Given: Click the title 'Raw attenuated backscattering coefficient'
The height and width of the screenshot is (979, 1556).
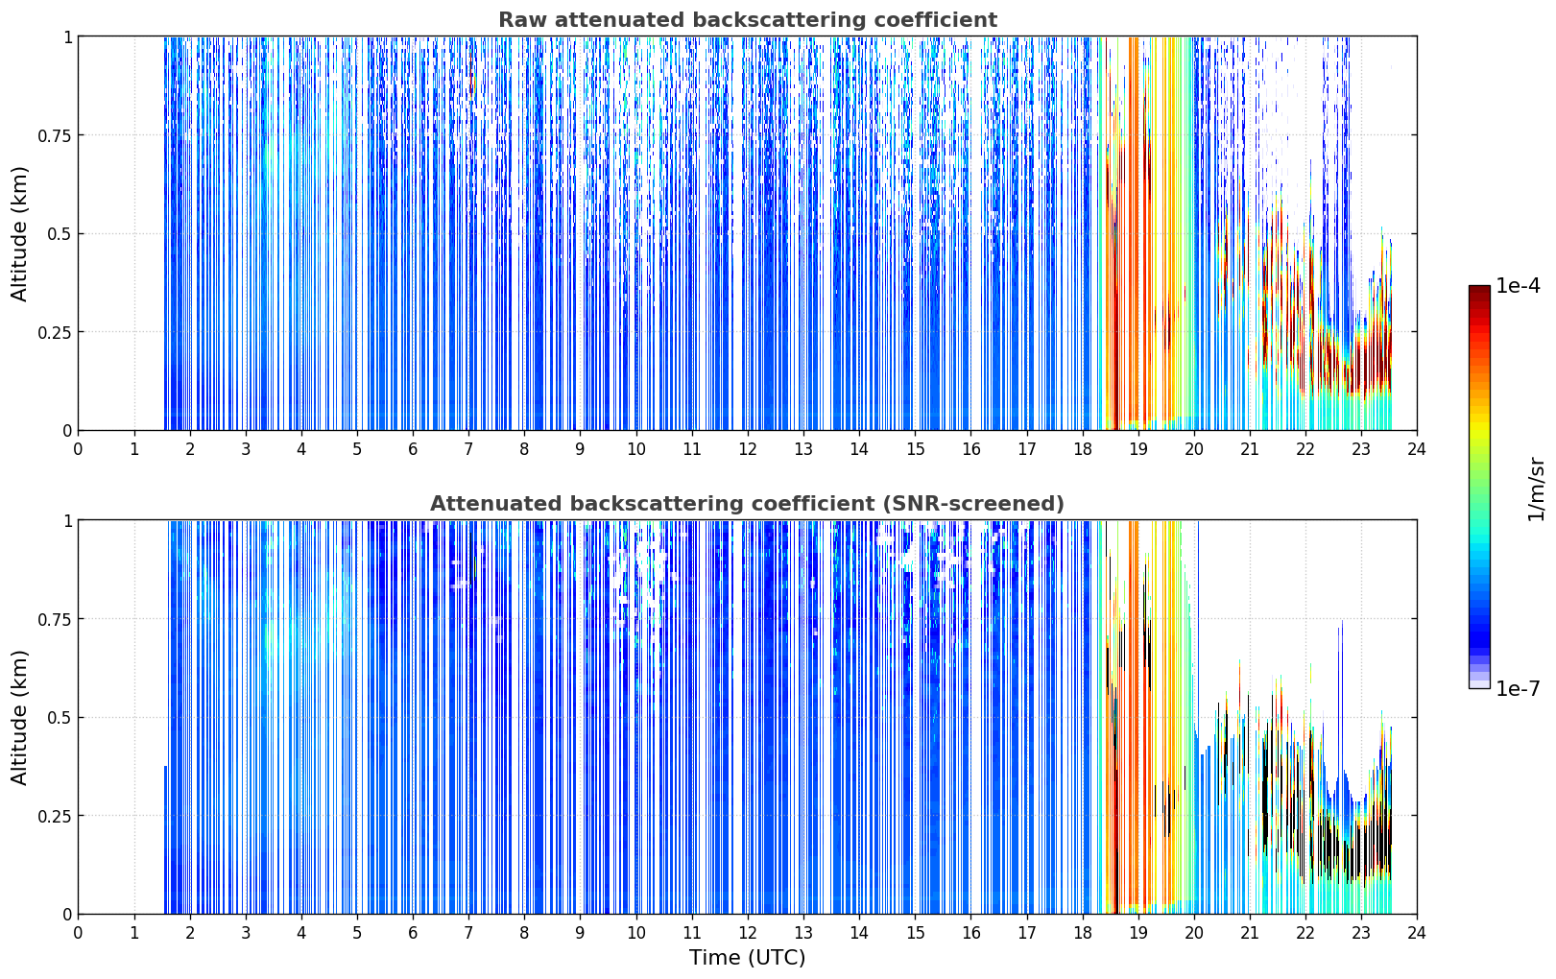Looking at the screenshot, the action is pos(748,19).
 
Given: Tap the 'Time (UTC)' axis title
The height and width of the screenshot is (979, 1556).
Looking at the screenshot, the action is pos(748,958).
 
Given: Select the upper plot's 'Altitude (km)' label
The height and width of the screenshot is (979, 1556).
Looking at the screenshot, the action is pos(19,234).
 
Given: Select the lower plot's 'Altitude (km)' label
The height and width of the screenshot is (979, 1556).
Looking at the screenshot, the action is pos(19,718).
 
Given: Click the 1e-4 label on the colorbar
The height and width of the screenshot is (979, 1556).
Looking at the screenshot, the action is pos(1518,285).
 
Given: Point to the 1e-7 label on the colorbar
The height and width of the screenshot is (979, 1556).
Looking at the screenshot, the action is pos(1518,689).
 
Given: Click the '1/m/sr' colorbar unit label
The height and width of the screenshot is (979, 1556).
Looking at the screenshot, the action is pos(1536,489).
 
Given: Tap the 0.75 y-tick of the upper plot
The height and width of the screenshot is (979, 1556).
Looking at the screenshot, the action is pos(54,135).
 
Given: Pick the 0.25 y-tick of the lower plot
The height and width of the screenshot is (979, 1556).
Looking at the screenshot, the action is pos(54,816).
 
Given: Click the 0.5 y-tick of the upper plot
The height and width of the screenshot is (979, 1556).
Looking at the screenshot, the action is pos(60,234).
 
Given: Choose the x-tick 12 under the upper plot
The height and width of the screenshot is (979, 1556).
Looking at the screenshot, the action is pos(748,449).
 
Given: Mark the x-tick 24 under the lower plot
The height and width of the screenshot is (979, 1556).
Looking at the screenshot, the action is pos(1417,933).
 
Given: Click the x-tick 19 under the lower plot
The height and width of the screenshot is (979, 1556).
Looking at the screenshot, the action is pos(1137,933).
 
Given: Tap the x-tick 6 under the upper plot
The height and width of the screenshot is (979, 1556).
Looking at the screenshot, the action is pos(413,449).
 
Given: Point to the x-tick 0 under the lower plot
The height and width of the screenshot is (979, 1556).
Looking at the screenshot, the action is pos(78,933).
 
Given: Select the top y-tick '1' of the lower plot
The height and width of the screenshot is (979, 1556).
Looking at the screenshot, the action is pos(68,521).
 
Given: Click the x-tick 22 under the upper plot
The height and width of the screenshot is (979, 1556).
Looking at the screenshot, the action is pos(1305,449).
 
